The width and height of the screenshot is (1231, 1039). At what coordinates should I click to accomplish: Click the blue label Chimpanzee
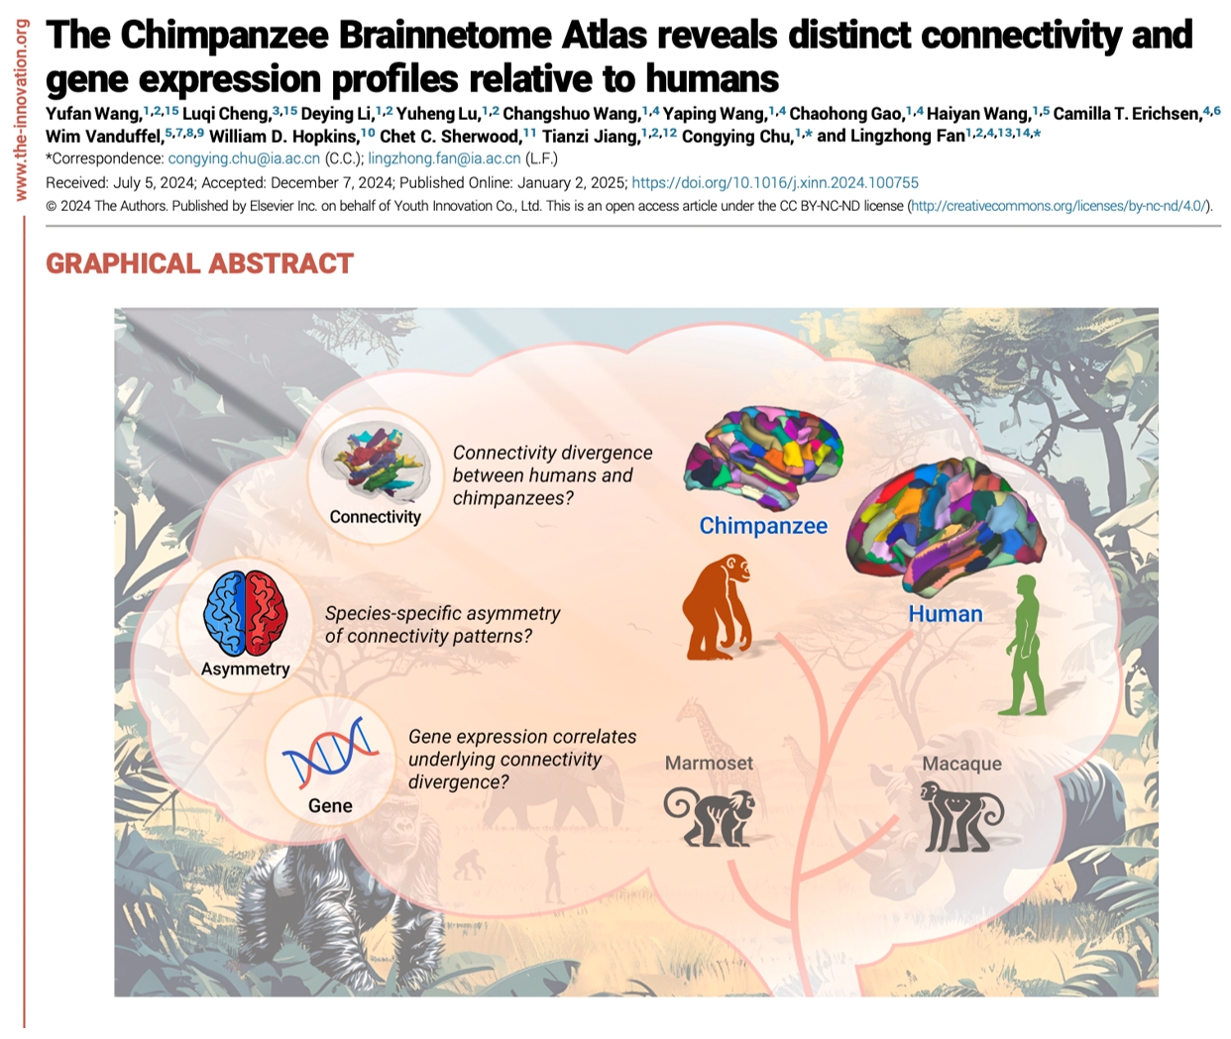[763, 526]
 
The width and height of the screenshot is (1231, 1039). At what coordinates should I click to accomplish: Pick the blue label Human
[946, 614]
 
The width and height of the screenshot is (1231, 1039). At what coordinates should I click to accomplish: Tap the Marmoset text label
[709, 763]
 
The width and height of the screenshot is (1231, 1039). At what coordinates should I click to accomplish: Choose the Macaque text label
[961, 764]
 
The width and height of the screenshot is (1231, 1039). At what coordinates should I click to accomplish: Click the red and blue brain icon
[246, 614]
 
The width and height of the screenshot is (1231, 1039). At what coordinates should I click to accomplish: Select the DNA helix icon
[330, 752]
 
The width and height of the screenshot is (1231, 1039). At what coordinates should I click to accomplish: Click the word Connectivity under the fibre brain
[375, 517]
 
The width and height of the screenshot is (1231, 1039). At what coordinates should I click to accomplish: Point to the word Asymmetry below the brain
[245, 669]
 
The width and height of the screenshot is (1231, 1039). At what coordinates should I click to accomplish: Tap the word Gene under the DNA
[330, 806]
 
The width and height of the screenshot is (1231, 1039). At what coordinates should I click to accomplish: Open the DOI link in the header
[775, 183]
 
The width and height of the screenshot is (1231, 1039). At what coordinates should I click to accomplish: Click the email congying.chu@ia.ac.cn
[244, 158]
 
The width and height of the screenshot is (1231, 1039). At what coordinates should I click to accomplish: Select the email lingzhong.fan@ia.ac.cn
[444, 158]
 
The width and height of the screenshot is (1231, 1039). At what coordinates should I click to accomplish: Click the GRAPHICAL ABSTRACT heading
[199, 263]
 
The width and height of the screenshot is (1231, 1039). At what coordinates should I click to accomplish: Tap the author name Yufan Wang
[92, 114]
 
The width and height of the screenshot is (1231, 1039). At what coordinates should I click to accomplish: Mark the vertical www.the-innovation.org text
[20, 109]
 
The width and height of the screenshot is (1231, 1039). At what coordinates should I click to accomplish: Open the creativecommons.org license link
[1058, 206]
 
